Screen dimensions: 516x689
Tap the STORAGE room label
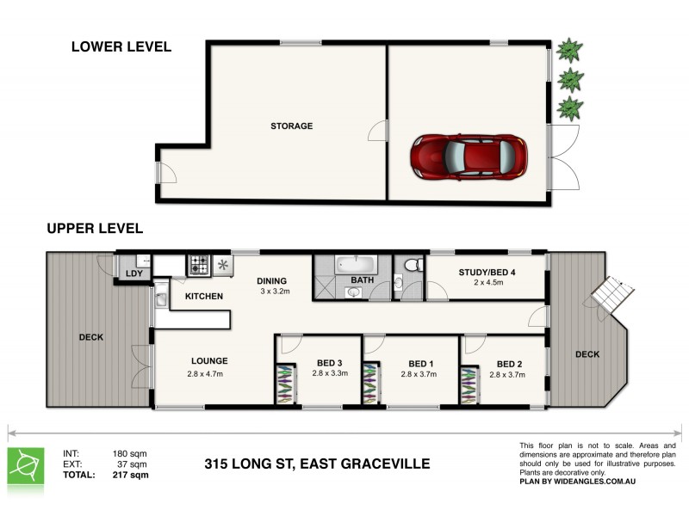[291, 126]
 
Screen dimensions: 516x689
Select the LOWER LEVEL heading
[121, 47]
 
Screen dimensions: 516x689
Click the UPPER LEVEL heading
[95, 229]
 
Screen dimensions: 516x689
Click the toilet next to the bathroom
[412, 264]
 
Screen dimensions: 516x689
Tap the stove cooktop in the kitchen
[200, 265]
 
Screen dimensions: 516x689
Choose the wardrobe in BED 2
[469, 384]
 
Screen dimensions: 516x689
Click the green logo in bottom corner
[27, 465]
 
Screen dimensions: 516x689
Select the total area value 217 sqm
[131, 475]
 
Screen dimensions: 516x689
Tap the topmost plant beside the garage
[568, 50]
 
